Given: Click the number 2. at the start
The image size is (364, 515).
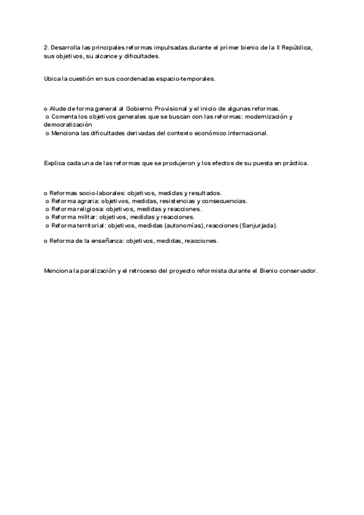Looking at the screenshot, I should (x=47, y=47).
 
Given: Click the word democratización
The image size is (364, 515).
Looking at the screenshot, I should (x=68, y=124).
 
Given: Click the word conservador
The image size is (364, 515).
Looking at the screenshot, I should (x=297, y=271).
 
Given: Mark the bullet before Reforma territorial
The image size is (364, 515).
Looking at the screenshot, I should (x=47, y=225).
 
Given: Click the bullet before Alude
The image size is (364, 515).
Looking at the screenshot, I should (x=45, y=108).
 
